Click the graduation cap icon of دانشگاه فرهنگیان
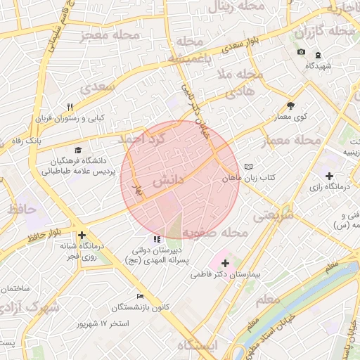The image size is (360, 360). tap(77, 150)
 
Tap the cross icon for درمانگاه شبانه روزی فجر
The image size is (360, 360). tap(82, 236)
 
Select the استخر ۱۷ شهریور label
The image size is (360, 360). tap(103, 323)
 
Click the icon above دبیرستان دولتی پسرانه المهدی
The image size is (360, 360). tap(155, 240)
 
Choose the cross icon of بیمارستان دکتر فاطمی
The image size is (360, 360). tap(225, 262)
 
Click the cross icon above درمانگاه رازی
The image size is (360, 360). tap(329, 175)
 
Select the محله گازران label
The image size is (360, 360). tap(325, 32)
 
